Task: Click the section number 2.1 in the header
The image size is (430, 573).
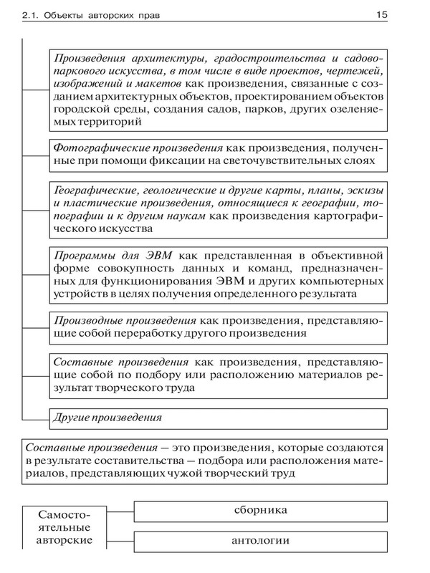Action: pyautogui.click(x=16, y=14)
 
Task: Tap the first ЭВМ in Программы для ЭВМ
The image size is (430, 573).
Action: pyautogui.click(x=151, y=254)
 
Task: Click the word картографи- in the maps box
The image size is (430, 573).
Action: pyautogui.click(x=351, y=216)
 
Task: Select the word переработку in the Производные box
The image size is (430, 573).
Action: pyautogui.click(x=153, y=333)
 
